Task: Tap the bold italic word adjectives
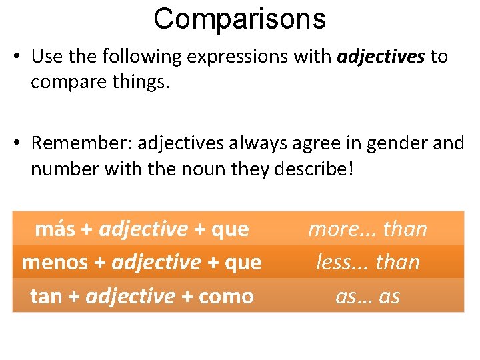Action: [381, 57]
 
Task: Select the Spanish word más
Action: [55, 229]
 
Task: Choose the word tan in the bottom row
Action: [46, 295]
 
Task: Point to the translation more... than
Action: [367, 229]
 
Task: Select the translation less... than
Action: [367, 262]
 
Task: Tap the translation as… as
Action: [367, 295]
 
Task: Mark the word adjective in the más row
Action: [143, 229]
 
